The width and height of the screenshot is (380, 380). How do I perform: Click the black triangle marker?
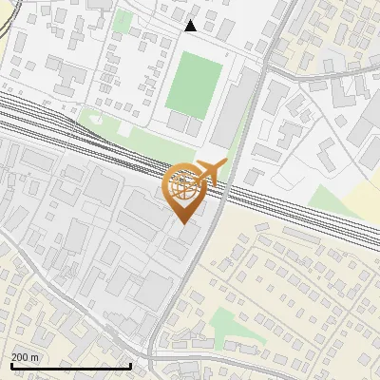(190, 26)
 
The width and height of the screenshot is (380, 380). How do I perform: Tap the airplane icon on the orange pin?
(211, 173)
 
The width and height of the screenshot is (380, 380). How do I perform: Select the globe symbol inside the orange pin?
(181, 186)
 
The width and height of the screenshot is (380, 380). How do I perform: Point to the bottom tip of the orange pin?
(181, 223)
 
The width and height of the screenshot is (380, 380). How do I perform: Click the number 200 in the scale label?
(20, 358)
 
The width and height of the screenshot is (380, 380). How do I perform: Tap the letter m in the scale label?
(35, 358)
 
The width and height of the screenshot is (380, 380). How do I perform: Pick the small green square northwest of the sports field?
(123, 21)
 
